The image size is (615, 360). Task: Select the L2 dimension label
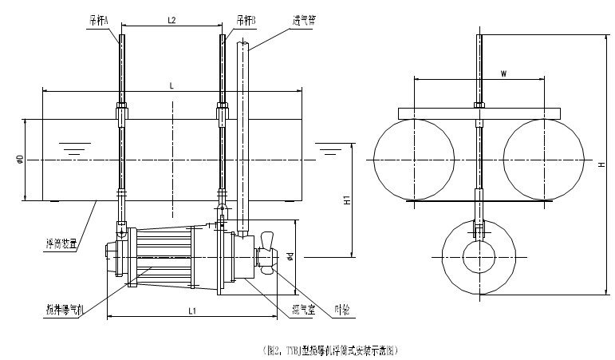click(171, 18)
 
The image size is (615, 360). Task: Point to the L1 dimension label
click(191, 310)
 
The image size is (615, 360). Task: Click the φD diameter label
click(19, 160)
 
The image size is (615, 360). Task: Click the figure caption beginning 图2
click(329, 349)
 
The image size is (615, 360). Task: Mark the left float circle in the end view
click(413, 159)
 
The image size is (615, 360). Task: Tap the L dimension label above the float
click(172, 85)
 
